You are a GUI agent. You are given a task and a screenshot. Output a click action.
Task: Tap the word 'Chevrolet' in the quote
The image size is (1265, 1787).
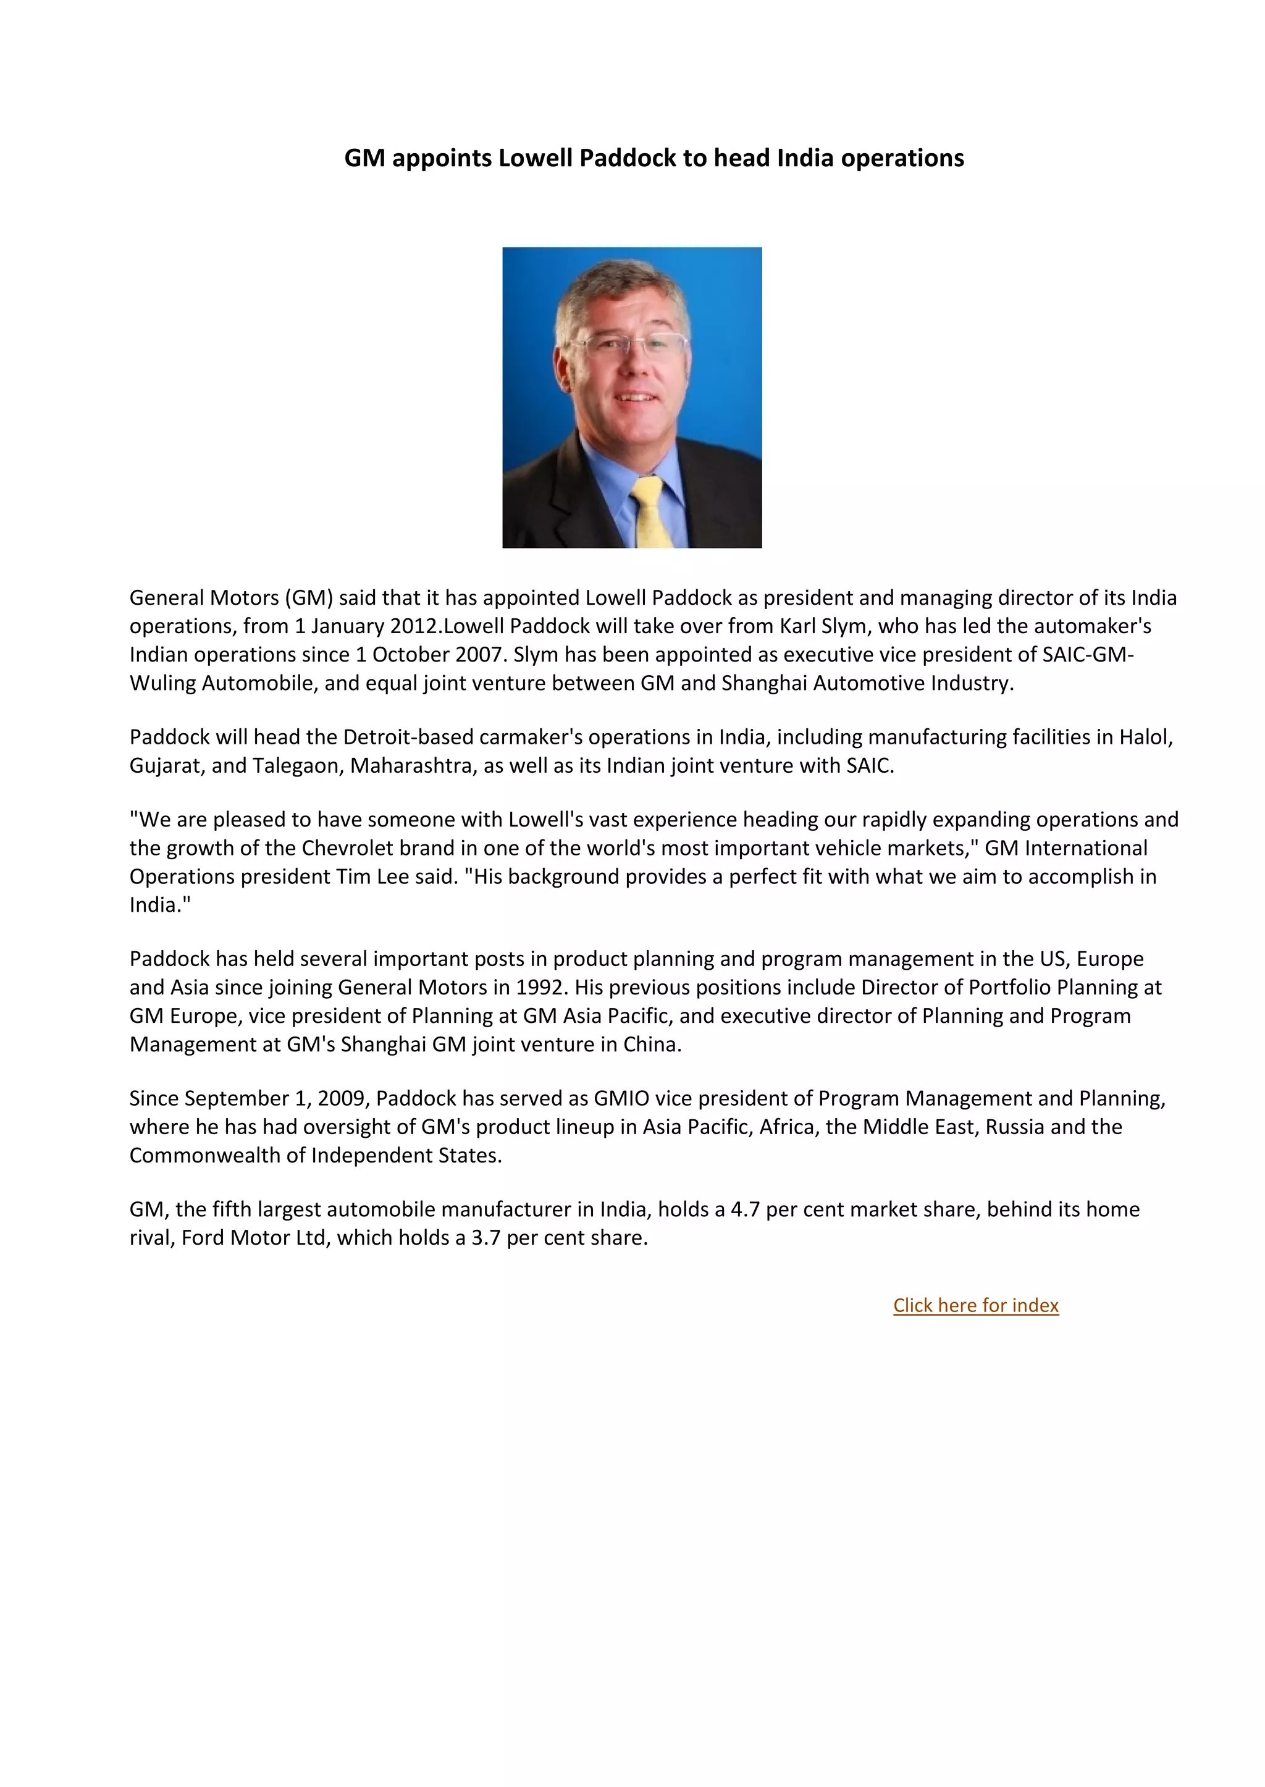coord(347,848)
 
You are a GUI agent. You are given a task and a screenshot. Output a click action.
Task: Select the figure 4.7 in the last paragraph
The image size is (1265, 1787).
coord(745,1210)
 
